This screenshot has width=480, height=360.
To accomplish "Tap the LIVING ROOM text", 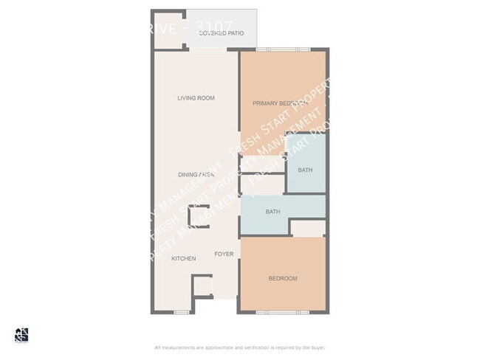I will (196, 98).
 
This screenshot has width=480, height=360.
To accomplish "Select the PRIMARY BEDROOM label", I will (280, 103).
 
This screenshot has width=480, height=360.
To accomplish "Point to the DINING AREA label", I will (196, 175).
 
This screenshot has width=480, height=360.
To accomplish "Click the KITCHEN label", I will (184, 259).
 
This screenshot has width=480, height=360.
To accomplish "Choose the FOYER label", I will (224, 254).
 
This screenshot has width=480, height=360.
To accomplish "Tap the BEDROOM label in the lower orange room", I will (283, 278).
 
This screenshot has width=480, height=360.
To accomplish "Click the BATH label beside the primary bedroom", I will (305, 170).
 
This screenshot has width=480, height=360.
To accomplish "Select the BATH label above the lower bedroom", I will (273, 212).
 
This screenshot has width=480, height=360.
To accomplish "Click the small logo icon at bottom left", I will (21, 334).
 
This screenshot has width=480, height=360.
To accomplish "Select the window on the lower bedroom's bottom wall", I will (283, 313).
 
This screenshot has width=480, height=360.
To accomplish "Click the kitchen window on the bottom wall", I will (182, 313).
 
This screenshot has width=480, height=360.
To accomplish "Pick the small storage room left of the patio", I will (169, 30).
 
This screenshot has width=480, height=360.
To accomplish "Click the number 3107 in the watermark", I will (211, 30).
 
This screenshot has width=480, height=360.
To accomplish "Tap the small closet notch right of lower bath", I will (307, 229).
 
